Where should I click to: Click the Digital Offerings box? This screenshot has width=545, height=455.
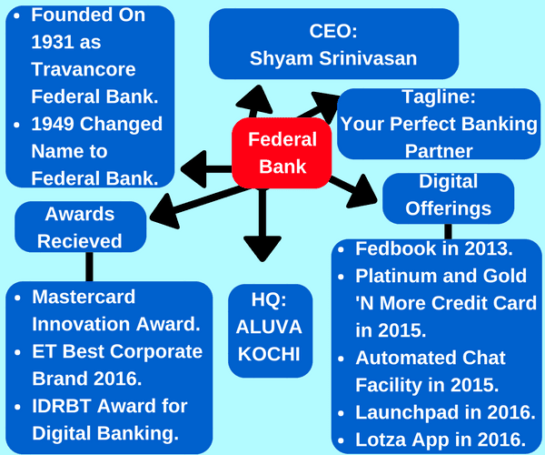(x=448, y=197)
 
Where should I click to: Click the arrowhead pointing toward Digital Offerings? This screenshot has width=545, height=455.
(x=362, y=191)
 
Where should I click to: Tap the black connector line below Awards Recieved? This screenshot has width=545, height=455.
(x=89, y=266)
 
